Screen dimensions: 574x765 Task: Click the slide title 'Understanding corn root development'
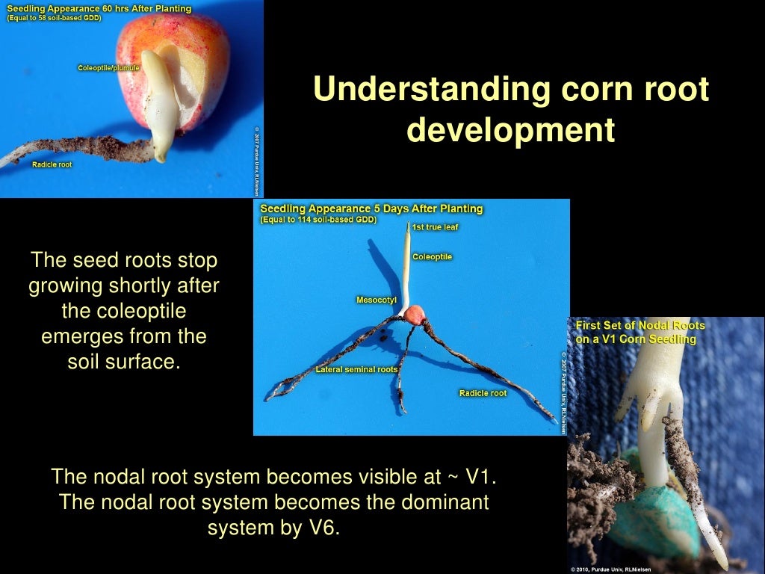coord(510,109)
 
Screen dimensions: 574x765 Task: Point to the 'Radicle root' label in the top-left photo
coord(52,164)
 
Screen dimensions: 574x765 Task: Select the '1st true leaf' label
coord(440,226)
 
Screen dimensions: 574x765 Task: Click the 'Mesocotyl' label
coord(376,300)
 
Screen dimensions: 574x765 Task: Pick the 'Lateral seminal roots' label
coord(356,369)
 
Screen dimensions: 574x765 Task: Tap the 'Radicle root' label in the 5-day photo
coord(483,393)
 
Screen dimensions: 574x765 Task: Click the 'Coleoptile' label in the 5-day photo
coord(432,256)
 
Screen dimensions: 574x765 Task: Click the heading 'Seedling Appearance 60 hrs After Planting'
coord(99,9)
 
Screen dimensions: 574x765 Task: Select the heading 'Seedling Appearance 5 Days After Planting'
coord(371,209)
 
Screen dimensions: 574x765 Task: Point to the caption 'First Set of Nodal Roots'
coord(639,326)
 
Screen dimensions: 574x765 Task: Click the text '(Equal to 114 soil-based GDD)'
coord(318,220)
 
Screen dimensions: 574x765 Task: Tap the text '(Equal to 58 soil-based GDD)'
coord(54,19)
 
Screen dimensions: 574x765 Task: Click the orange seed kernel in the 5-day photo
coord(415,313)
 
